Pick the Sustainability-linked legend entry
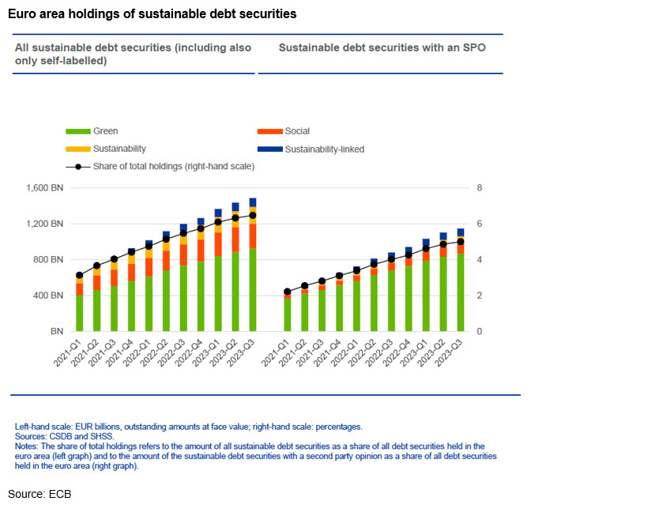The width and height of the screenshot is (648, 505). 324,149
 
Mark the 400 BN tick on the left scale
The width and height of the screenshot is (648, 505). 46,296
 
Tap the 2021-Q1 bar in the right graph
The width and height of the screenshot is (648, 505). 288,314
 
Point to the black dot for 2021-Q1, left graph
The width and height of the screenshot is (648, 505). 79,276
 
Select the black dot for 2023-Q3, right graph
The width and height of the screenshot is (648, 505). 461,242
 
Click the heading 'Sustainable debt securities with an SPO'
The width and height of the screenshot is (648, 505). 382,47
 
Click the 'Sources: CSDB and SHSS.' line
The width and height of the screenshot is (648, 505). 65,435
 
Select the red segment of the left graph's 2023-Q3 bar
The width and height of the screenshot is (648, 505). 253,236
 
